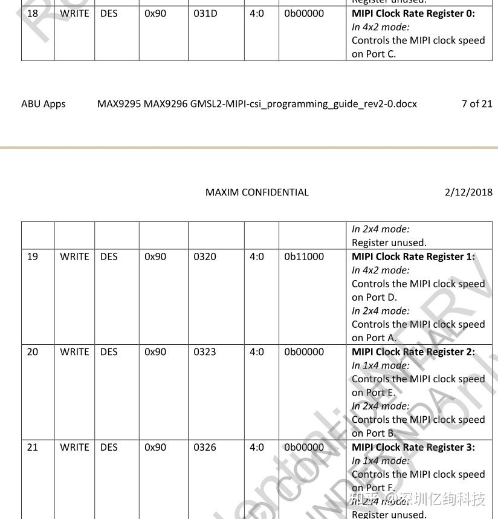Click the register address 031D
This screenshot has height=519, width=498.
205,13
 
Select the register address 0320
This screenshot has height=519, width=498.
205,256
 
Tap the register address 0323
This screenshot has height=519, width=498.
205,352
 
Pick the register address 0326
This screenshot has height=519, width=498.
205,448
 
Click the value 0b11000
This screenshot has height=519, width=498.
304,256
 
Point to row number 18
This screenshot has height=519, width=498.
33,13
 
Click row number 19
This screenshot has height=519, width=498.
33,256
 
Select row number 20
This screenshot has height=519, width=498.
33,352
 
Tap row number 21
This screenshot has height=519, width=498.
33,448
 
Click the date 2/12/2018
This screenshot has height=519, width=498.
468,192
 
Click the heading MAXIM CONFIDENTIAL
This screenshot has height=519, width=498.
257,192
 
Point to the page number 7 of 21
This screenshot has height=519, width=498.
477,104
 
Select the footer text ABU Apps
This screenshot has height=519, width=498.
44,104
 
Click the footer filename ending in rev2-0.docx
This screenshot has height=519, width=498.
257,104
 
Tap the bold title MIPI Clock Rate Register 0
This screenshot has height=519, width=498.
413,13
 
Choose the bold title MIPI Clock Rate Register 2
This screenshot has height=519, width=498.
413,352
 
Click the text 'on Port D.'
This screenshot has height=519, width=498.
375,298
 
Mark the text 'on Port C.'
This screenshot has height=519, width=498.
374,54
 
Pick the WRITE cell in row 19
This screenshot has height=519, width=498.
74,256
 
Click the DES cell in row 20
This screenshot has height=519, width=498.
109,352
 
